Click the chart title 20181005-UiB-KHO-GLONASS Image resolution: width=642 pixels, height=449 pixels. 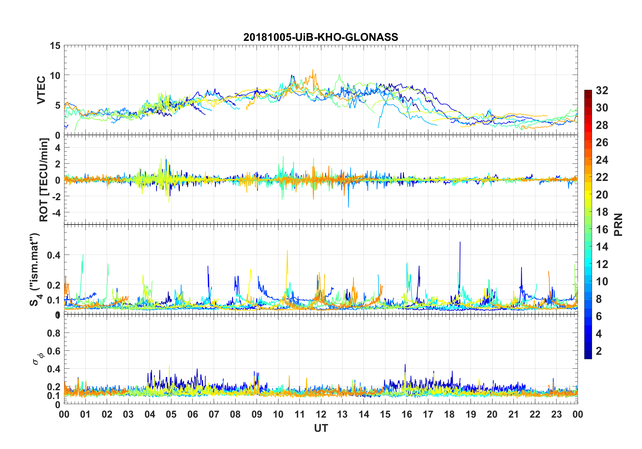click(321, 37)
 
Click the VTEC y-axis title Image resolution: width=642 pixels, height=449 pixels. click(41, 90)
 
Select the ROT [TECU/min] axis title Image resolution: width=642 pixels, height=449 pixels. click(44, 180)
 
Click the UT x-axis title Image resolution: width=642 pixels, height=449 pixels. click(321, 428)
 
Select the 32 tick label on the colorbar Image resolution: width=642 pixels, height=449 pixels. click(602, 90)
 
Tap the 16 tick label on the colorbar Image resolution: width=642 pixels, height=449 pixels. click(602, 230)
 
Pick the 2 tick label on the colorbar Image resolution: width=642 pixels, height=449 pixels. click(599, 351)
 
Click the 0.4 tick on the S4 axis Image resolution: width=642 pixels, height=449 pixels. click(54, 255)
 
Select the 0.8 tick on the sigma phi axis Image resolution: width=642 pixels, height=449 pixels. click(54, 333)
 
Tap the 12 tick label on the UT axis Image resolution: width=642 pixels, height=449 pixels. click(321, 414)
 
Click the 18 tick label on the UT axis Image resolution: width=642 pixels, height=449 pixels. click(449, 414)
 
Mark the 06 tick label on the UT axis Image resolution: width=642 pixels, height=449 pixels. click(192, 414)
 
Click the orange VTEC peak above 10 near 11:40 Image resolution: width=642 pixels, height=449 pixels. click(313, 71)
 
